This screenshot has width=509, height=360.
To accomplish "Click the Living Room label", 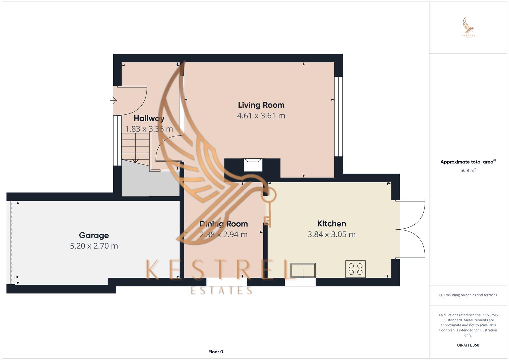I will click(x=261, y=105).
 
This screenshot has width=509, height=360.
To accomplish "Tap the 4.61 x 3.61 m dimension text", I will click(x=261, y=116).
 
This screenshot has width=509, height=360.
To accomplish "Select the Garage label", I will click(x=94, y=235).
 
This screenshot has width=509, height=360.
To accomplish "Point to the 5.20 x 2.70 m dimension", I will click(x=94, y=246).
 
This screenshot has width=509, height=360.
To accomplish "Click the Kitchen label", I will click(x=331, y=224).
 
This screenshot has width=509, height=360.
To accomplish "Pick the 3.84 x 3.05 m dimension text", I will click(x=331, y=234).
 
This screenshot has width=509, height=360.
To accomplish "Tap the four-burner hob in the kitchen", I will click(x=355, y=269).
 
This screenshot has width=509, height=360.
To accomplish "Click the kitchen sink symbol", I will click(x=303, y=270).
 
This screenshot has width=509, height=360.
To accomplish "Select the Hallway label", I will click(x=149, y=118).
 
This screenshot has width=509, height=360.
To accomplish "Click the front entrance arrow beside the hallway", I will click(x=114, y=100).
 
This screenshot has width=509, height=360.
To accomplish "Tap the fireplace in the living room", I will click(x=253, y=164).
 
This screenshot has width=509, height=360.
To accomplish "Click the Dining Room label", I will click(x=223, y=224).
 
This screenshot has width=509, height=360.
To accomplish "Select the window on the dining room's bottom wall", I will click(x=226, y=282).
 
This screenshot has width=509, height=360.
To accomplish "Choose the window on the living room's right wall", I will click(x=338, y=117).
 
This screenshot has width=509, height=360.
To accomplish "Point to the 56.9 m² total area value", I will click(x=468, y=170).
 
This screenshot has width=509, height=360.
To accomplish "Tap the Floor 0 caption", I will click(x=216, y=352).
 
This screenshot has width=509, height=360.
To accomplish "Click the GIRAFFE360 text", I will click(x=468, y=345).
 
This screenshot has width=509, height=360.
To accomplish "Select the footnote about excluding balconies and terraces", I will click(x=468, y=295).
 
